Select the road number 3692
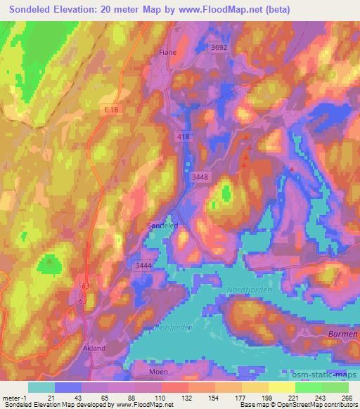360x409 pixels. click(219, 48)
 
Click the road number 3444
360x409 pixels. click(144, 264)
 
